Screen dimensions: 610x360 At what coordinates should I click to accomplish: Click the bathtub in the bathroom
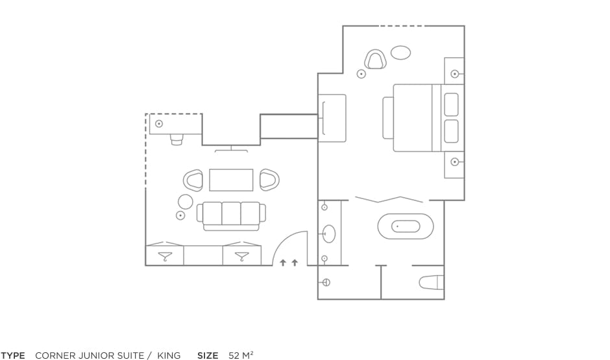pyautogui.click(x=406, y=226)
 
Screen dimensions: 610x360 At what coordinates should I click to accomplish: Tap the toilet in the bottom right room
pyautogui.click(x=432, y=282)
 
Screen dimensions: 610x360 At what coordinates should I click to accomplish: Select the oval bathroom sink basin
pyautogui.click(x=329, y=234)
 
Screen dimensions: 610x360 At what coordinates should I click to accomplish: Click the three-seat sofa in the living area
pyautogui.click(x=232, y=216)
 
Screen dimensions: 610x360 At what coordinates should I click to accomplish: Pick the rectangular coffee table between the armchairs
pyautogui.click(x=231, y=180)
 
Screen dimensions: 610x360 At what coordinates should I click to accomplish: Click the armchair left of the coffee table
pyautogui.click(x=193, y=180)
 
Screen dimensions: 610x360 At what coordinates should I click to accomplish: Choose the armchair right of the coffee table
pyautogui.click(x=269, y=180)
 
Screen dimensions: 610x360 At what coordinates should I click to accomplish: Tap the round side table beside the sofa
pyautogui.click(x=185, y=202)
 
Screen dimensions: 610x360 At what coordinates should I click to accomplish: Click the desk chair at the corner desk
pyautogui.click(x=177, y=139)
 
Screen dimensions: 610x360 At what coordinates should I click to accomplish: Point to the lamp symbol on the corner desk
pyautogui.click(x=159, y=124)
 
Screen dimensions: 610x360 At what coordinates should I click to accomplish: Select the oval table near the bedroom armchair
pyautogui.click(x=400, y=53)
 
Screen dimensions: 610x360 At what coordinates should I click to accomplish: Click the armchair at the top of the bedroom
pyautogui.click(x=376, y=60)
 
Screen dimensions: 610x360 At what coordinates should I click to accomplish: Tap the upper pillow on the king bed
pyautogui.click(x=451, y=104)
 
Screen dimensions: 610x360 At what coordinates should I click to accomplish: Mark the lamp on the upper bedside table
pyautogui.click(x=454, y=74)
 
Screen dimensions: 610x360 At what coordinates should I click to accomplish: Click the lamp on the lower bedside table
pyautogui.click(x=454, y=162)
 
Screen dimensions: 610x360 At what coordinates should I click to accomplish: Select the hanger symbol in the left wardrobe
pyautogui.click(x=165, y=256)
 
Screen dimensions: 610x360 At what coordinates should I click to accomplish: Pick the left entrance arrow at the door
pyautogui.click(x=283, y=263)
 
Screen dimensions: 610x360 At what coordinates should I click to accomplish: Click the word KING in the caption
pyautogui.click(x=169, y=355)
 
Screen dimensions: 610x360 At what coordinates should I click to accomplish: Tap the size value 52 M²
pyautogui.click(x=241, y=355)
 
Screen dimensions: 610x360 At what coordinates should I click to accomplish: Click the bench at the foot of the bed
pyautogui.click(x=387, y=118)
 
